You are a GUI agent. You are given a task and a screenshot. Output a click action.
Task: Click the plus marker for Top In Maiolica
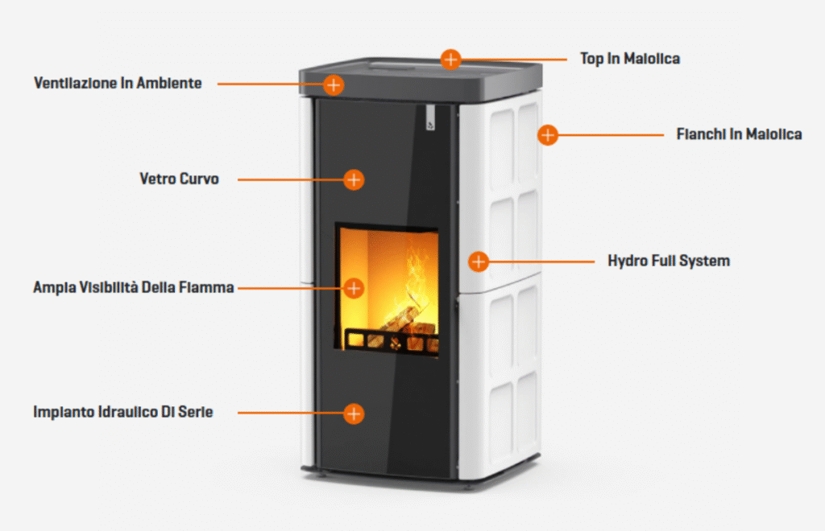450,59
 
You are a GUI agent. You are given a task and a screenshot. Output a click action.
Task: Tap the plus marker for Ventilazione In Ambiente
334,84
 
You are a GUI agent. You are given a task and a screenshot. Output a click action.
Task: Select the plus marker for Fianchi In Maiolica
548,134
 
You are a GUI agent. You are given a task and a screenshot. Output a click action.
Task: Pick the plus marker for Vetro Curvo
354,179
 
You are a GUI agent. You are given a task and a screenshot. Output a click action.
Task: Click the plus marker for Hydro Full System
479,261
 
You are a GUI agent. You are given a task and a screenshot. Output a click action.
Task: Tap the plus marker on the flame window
354,287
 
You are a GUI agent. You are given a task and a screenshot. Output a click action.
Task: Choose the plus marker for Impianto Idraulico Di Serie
354,414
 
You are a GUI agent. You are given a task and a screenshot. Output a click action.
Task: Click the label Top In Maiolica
629,59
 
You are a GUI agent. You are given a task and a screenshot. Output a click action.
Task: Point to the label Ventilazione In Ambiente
118,84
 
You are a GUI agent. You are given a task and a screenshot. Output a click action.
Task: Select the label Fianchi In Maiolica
739,134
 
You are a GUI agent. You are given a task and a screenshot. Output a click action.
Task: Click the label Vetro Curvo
179,179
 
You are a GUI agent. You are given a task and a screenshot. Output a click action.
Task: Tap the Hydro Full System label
668,261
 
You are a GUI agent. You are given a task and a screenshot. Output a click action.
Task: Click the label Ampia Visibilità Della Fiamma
134,287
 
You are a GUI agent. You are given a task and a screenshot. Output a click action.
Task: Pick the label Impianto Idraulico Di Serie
123,413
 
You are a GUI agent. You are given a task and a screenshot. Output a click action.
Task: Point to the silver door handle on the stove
430,117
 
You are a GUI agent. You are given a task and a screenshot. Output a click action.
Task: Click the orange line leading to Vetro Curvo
290,179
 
